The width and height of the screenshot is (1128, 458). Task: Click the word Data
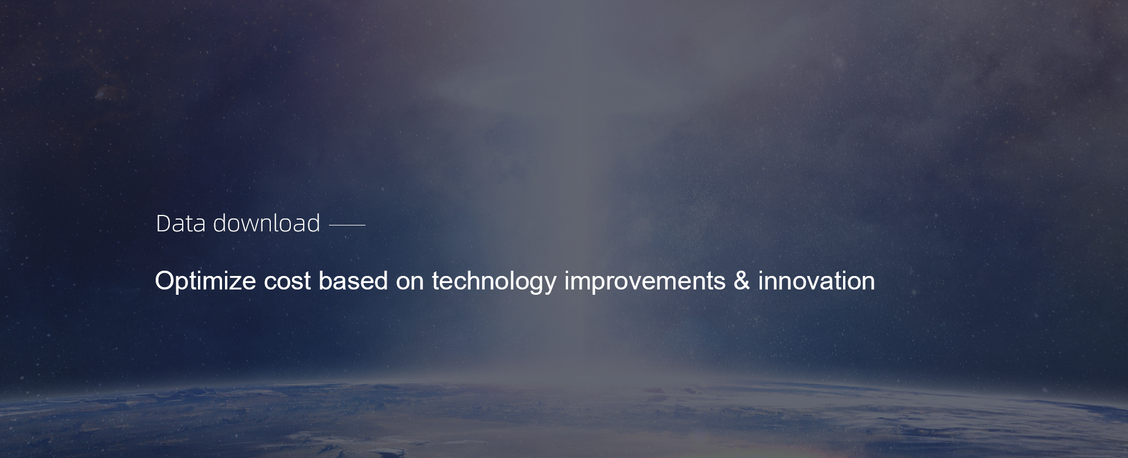(180, 224)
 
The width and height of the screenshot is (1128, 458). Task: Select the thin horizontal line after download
(347, 224)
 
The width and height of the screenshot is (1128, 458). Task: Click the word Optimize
(206, 281)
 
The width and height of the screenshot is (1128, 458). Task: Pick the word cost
(287, 281)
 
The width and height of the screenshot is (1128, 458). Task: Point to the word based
(353, 281)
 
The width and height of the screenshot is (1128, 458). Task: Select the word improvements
(645, 282)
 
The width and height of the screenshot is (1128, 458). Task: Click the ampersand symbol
(742, 281)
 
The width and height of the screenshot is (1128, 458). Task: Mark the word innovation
(817, 281)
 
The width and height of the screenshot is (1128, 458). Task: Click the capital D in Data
(163, 224)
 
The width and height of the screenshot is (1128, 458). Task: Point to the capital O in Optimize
(165, 281)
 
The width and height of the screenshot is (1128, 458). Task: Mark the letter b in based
(325, 281)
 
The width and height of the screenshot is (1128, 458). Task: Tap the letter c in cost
(270, 283)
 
